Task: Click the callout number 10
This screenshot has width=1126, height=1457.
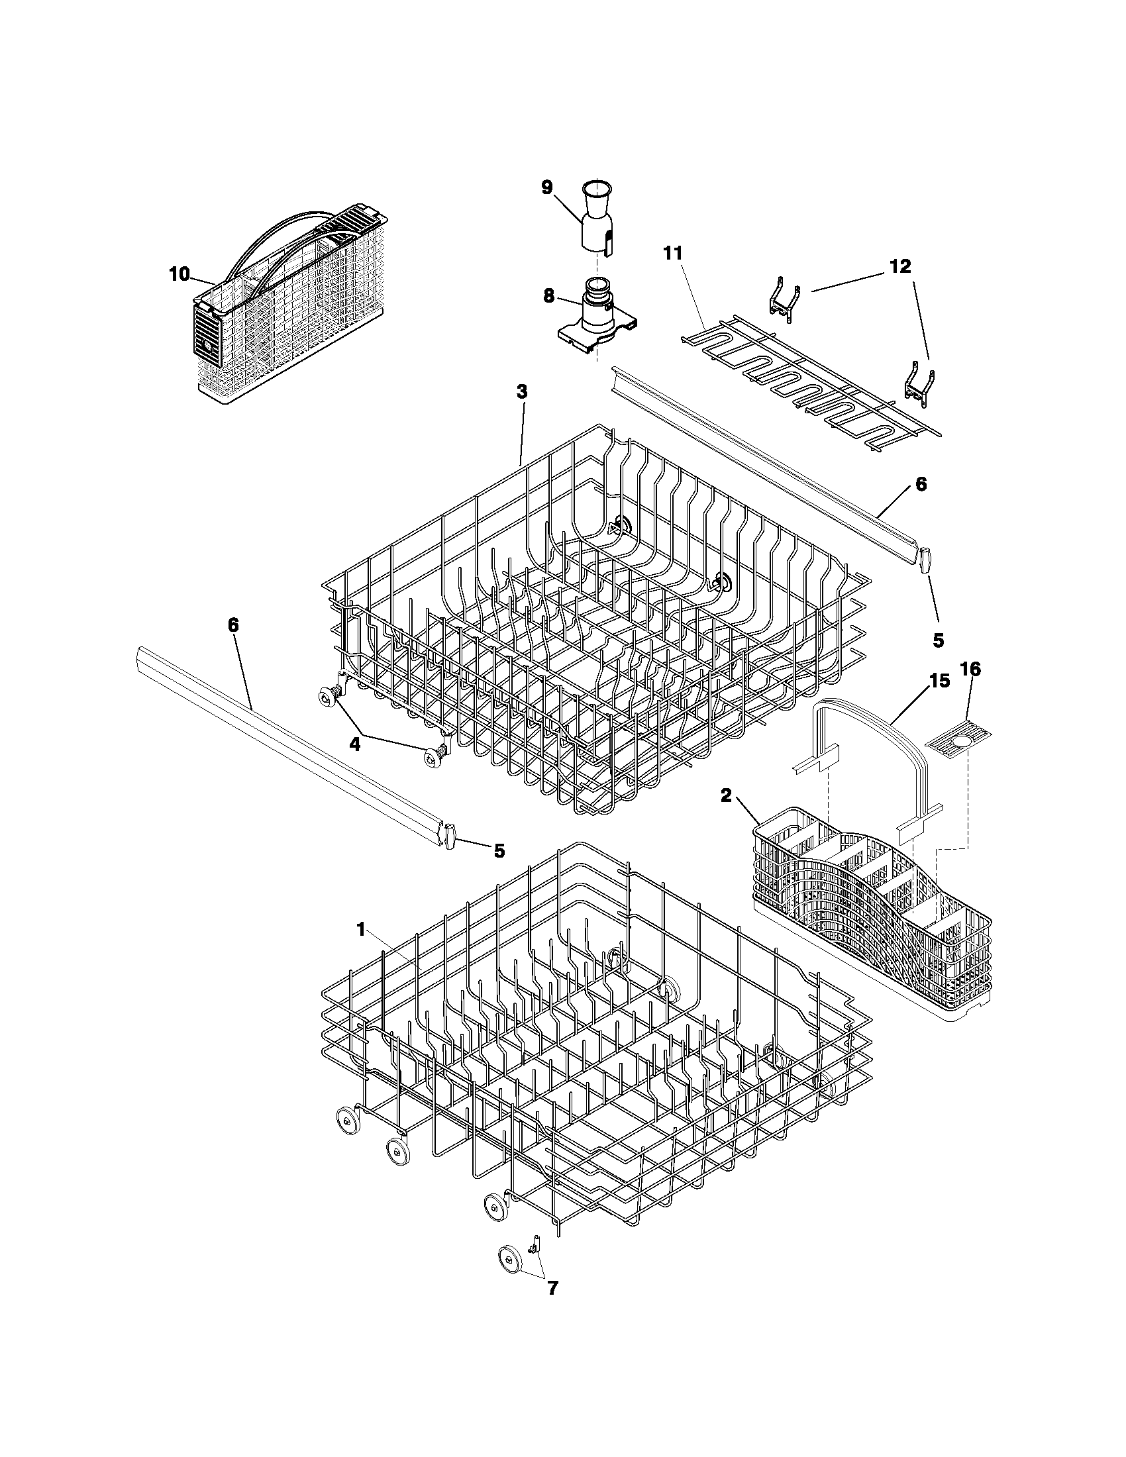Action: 179,274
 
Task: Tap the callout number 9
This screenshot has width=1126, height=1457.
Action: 547,187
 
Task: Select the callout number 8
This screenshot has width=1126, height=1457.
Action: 548,296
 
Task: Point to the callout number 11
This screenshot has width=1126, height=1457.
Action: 673,254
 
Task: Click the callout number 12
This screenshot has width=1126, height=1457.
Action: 900,266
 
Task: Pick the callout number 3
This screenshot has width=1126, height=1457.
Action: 522,392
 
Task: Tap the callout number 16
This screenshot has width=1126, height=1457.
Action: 970,669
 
